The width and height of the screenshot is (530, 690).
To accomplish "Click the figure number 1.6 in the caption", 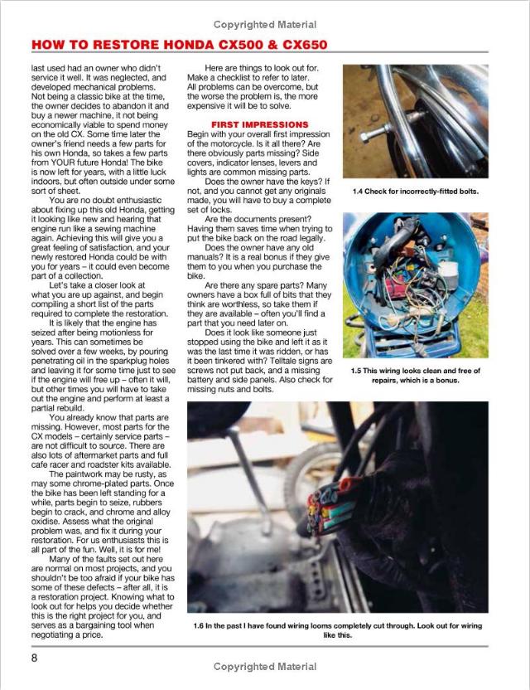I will click(x=198, y=625).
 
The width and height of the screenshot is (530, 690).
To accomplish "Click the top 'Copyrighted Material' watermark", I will click(x=264, y=23).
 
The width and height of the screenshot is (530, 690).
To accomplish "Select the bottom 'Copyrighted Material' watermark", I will click(x=264, y=667).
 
